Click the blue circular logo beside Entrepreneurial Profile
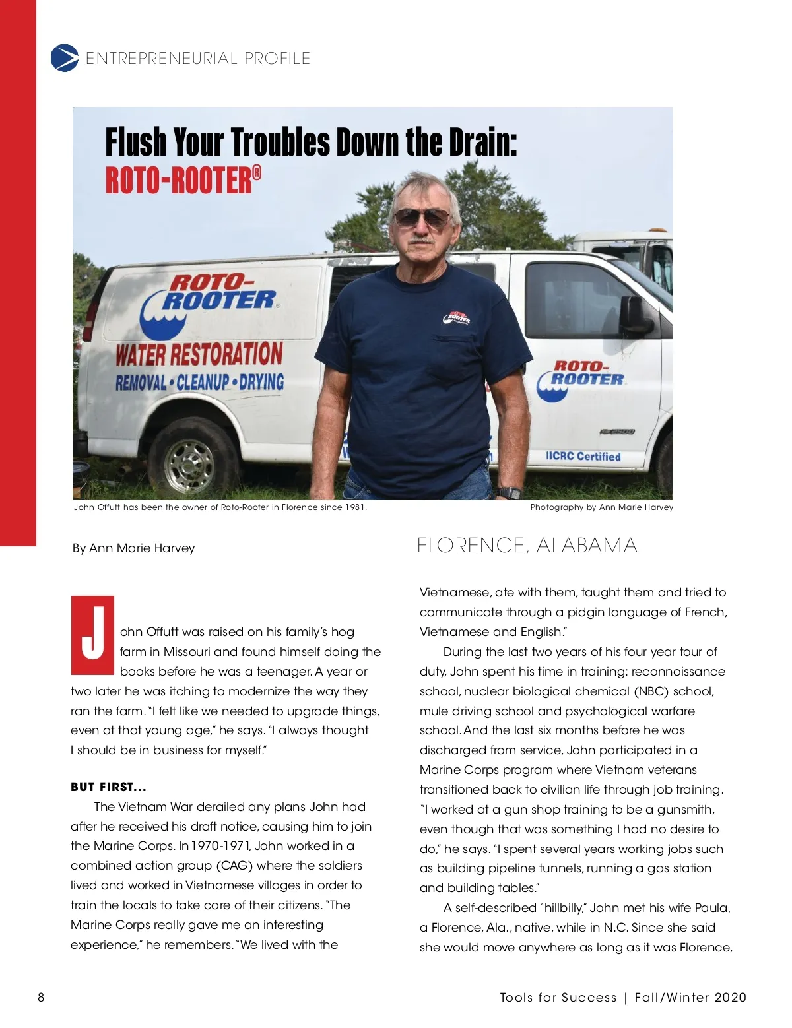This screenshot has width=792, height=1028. (64, 58)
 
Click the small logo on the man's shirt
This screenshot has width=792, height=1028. (456, 318)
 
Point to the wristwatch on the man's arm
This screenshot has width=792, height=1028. (509, 493)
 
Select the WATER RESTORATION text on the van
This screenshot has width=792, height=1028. (199, 354)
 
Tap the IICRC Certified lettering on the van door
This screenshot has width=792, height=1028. (583, 456)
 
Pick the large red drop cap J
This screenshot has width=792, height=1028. (93, 635)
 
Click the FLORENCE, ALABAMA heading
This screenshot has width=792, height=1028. (527, 546)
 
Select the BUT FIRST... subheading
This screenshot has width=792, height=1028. (108, 787)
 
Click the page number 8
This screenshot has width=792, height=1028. (41, 997)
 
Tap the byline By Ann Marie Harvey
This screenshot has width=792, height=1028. (133, 548)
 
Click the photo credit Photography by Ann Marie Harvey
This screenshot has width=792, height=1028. (601, 507)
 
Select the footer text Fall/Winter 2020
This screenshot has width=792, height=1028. (690, 997)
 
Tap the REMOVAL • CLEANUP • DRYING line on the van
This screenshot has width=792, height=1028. (199, 382)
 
